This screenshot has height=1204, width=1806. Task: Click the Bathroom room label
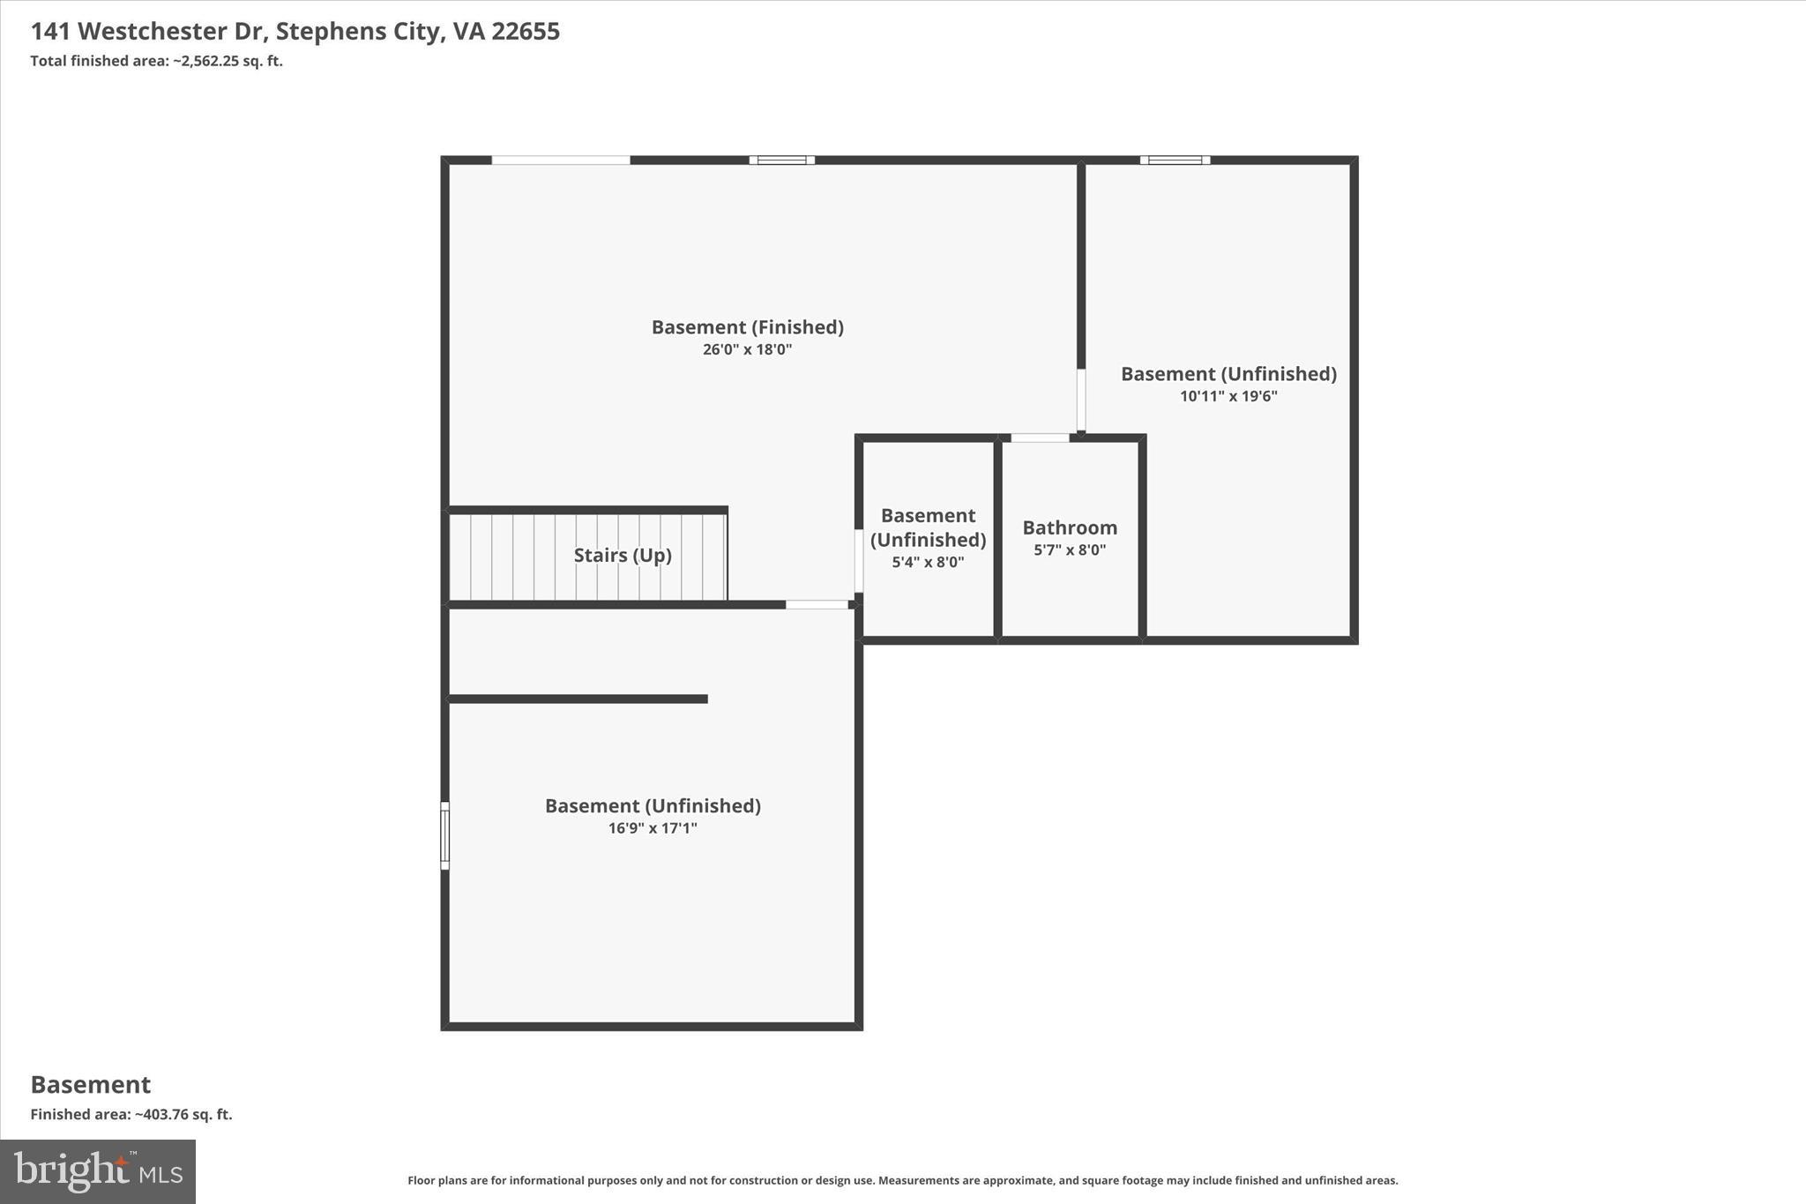[1070, 527]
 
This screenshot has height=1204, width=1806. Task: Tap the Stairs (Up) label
[623, 555]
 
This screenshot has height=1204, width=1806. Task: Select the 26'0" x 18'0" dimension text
[747, 349]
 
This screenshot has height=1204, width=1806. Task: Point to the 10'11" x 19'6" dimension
[1228, 396]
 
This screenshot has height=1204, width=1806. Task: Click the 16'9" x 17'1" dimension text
[653, 828]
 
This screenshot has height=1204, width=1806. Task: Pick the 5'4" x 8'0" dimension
[928, 562]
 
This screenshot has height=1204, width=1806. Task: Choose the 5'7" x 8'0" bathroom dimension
[1070, 550]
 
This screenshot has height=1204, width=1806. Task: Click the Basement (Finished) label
[747, 327]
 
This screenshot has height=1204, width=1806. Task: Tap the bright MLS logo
[98, 1171]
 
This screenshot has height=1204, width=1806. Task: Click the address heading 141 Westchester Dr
[295, 31]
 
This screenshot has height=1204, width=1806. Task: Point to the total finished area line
[156, 61]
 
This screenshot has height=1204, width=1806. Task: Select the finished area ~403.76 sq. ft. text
[131, 1114]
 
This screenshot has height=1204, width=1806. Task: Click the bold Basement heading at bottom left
[91, 1084]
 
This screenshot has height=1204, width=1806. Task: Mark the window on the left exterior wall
[444, 835]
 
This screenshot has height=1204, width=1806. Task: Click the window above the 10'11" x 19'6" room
[1175, 160]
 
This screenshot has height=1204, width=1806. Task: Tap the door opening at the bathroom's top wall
[1040, 437]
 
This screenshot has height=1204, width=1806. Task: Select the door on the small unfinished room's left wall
[858, 560]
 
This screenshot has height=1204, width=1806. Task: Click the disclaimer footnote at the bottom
[902, 1180]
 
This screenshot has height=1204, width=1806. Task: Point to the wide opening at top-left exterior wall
[561, 160]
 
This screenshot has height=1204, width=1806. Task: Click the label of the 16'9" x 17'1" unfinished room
[653, 805]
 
